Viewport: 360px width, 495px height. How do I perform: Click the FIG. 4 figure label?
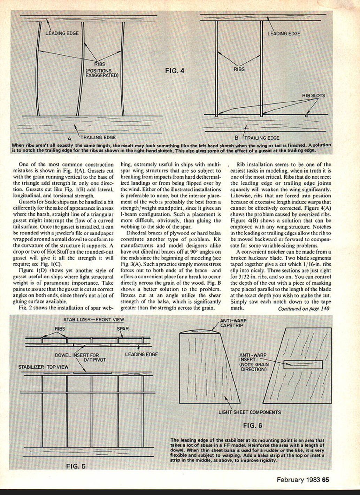[175, 71]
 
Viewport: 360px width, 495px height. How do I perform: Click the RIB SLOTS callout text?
[313, 95]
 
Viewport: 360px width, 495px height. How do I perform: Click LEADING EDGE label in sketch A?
[62, 33]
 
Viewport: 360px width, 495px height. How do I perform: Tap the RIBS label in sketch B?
[239, 69]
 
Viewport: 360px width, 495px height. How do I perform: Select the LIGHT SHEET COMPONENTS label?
[249, 412]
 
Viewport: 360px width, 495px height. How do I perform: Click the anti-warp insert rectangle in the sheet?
[303, 365]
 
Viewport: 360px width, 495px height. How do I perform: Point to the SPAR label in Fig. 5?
[122, 328]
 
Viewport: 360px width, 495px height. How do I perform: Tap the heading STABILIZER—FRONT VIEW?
[93, 319]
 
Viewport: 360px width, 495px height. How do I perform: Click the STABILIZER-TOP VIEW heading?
[43, 367]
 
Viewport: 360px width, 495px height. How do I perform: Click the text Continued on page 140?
[303, 308]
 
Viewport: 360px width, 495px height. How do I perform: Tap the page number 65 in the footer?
[325, 480]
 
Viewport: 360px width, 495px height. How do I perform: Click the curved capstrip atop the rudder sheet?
[200, 330]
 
